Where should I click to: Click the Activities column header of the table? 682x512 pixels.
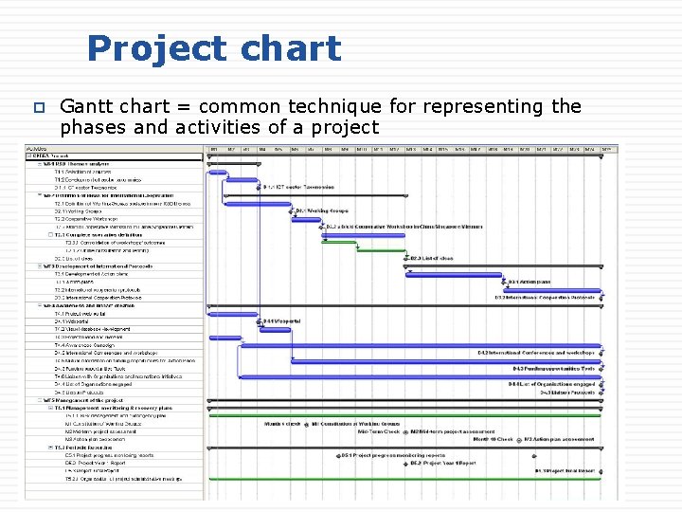38,149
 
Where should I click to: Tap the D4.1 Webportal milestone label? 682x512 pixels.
282,321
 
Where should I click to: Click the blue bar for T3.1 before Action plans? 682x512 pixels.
455,274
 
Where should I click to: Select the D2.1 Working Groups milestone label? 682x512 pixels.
322,210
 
